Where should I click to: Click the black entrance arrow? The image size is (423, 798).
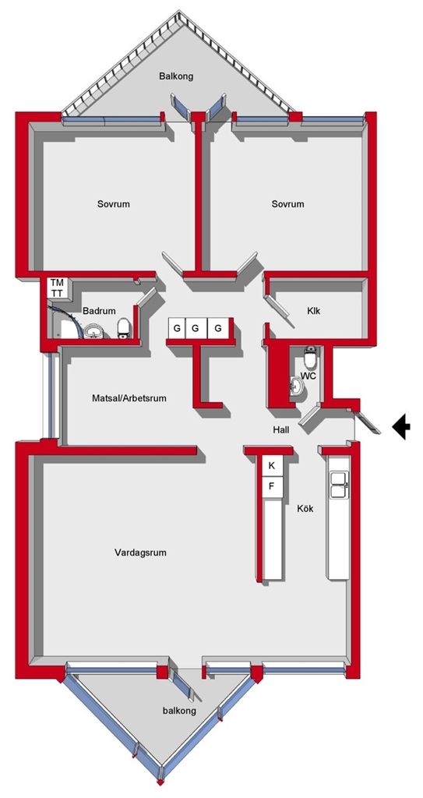coord(402,426)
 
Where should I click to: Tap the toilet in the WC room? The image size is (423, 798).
coord(310,357)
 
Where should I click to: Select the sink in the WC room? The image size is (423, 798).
coord(298,386)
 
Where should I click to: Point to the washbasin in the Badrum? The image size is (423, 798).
coord(93,331)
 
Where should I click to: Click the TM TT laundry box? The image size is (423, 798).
coord(57,288)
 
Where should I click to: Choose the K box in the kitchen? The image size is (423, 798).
coord(272,465)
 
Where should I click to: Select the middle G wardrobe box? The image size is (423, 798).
coord(195,328)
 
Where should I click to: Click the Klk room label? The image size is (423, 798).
coord(314,311)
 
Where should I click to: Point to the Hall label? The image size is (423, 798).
coord(281,430)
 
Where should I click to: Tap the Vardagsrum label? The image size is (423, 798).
coord(140,553)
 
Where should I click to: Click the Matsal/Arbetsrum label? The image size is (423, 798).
coord(129,398)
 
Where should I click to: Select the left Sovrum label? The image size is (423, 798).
coord(114,204)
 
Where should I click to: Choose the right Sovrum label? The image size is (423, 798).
coord(287,204)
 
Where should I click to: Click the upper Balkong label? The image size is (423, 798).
coord(176,77)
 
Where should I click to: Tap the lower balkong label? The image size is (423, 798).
coord(180,711)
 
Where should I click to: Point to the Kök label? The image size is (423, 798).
coord(305,508)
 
